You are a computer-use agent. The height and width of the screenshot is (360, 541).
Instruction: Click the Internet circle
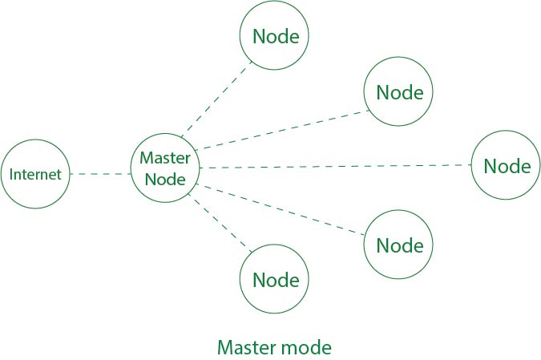click(35, 174)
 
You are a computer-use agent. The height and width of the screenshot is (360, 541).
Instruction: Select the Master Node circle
click(164, 168)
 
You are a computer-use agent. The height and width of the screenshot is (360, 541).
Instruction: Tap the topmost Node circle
click(275, 36)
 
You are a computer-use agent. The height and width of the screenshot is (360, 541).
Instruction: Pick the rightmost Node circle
click(507, 166)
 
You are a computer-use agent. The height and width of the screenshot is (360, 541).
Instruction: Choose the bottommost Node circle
click(275, 280)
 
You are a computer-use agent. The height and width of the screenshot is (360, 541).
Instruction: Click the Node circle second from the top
click(398, 91)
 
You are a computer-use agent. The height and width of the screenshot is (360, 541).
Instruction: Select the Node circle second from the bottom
click(398, 244)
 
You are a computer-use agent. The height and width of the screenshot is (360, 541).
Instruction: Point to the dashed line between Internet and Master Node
click(100, 173)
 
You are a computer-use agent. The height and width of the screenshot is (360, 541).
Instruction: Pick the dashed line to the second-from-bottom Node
click(281, 210)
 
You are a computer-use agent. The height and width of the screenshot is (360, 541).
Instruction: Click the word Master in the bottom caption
click(245, 347)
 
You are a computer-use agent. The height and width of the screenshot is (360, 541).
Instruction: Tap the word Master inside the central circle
click(164, 157)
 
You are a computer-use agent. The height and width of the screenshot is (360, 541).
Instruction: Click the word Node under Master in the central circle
click(165, 179)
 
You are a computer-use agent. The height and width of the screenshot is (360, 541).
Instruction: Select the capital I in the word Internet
click(11, 174)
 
